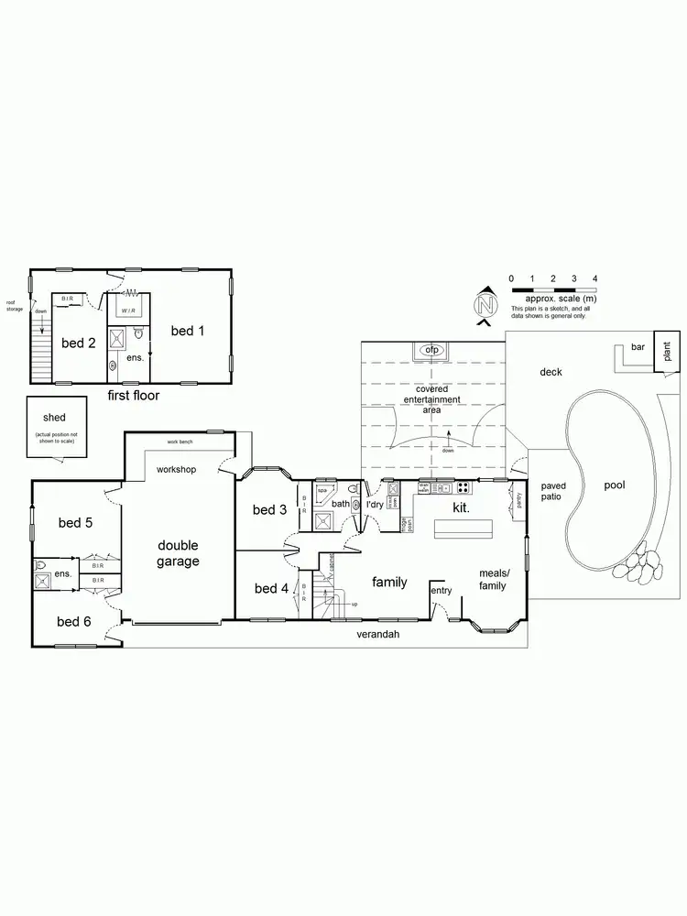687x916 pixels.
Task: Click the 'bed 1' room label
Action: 187,331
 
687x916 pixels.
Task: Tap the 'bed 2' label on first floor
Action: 79,343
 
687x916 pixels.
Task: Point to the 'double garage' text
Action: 177,553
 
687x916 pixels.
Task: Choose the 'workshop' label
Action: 176,469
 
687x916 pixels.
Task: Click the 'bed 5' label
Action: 74,523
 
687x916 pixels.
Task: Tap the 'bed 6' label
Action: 73,622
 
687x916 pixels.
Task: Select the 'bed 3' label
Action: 270,509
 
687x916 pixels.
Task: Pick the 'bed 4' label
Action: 271,588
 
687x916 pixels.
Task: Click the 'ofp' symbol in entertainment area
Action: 432,350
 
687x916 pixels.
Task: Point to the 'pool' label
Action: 614,485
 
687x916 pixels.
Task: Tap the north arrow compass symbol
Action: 486,304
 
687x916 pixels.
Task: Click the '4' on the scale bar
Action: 595,278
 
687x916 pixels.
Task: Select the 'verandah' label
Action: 379,634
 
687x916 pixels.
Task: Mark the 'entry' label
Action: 442,590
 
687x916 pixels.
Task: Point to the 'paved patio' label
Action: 553,491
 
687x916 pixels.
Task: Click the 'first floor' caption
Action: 133,396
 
